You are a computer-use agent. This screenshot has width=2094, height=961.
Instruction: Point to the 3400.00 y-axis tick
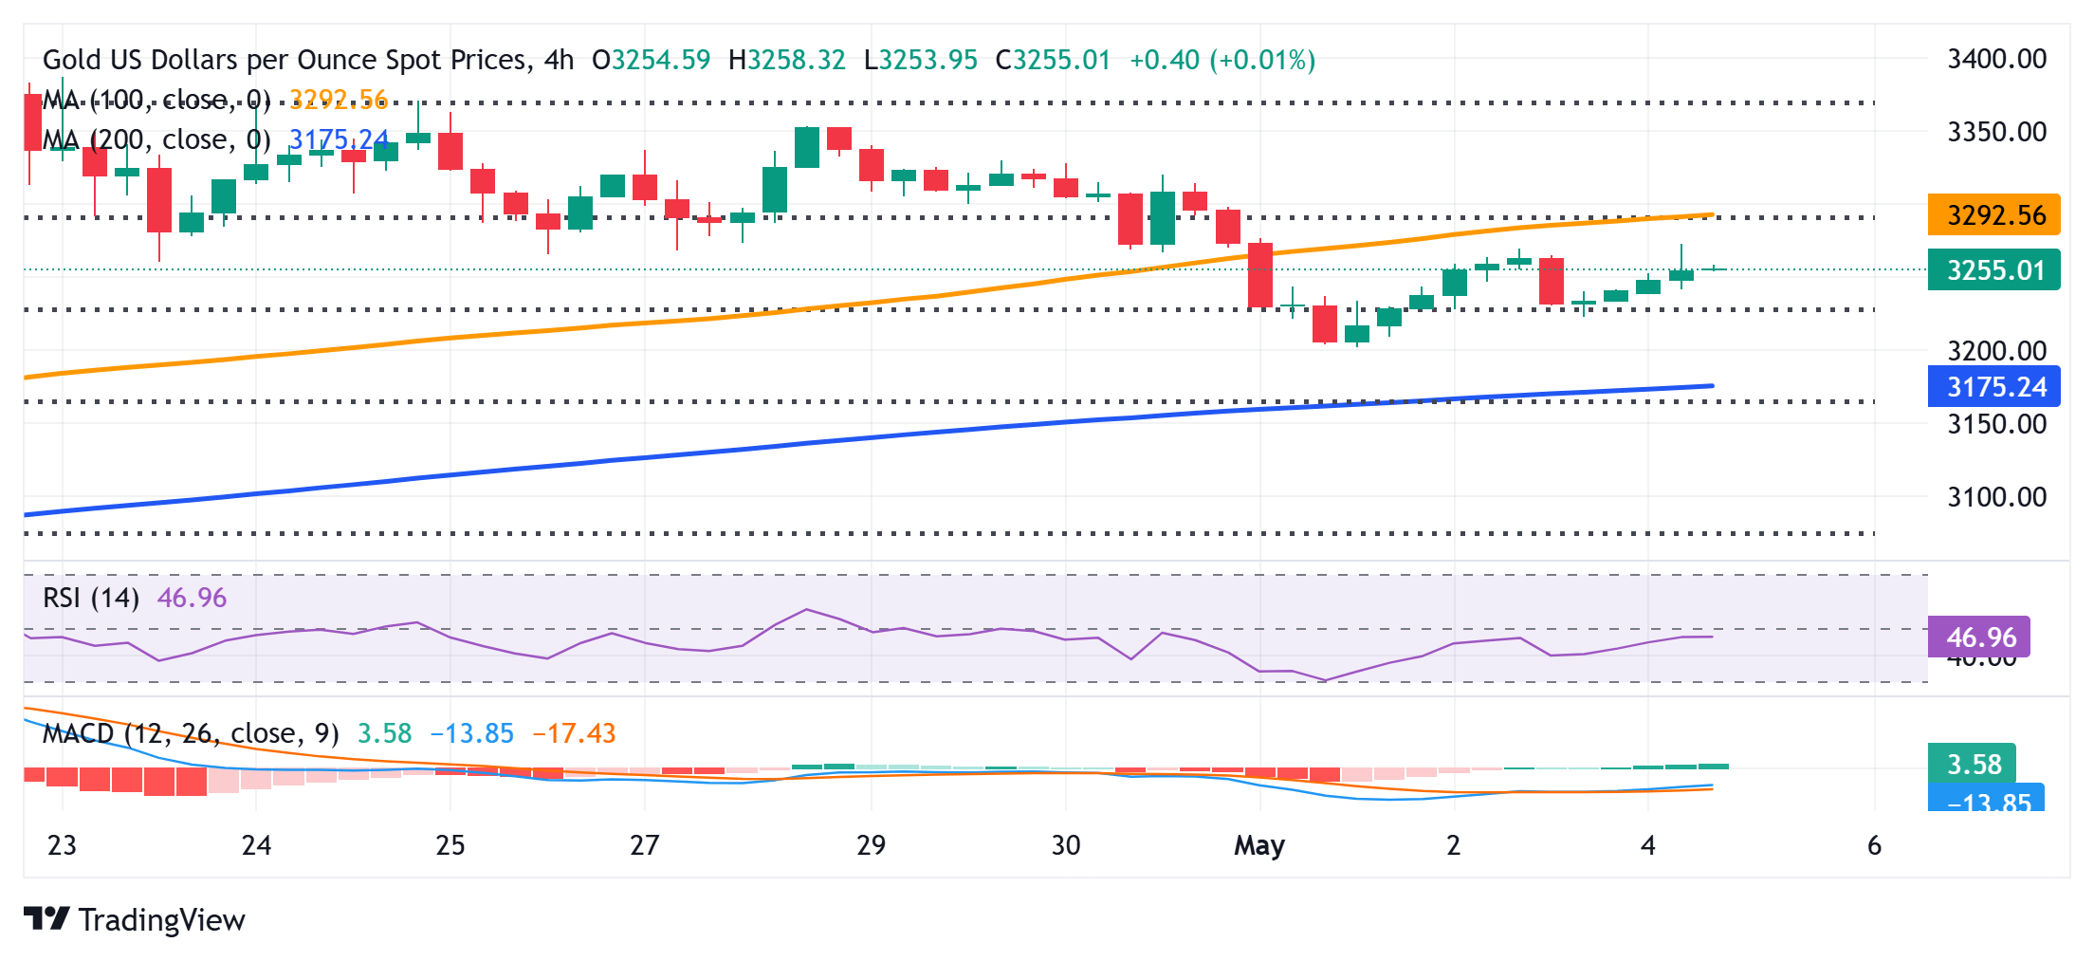click(x=1996, y=59)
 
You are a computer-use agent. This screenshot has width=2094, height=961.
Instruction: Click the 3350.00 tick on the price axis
click(x=1996, y=132)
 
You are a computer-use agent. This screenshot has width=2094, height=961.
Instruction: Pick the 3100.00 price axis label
click(x=1996, y=497)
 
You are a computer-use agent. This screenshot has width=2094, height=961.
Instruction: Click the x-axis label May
click(x=1258, y=845)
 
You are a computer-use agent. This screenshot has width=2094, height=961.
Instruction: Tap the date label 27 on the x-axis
click(x=644, y=845)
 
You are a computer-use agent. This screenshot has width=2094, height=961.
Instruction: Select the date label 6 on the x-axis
click(x=1874, y=845)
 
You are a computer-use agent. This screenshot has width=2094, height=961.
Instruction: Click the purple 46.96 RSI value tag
click(x=1979, y=637)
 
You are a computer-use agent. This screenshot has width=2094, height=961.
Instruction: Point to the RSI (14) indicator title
click(x=91, y=598)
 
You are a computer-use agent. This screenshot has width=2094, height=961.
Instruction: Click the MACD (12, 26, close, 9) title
click(x=191, y=733)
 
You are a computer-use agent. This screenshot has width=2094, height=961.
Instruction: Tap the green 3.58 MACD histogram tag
click(x=1973, y=764)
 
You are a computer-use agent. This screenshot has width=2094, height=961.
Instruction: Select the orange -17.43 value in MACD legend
click(x=574, y=733)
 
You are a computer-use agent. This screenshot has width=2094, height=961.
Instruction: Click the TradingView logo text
click(x=161, y=920)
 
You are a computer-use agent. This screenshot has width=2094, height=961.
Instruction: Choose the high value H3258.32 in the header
click(x=786, y=60)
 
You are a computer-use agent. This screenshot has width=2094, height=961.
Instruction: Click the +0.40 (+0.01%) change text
click(x=1221, y=60)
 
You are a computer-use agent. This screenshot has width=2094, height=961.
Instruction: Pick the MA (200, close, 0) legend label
click(x=156, y=139)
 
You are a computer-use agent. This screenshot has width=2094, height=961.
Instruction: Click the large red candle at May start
click(x=1260, y=275)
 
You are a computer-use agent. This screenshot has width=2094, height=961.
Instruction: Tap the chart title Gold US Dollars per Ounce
click(x=285, y=60)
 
